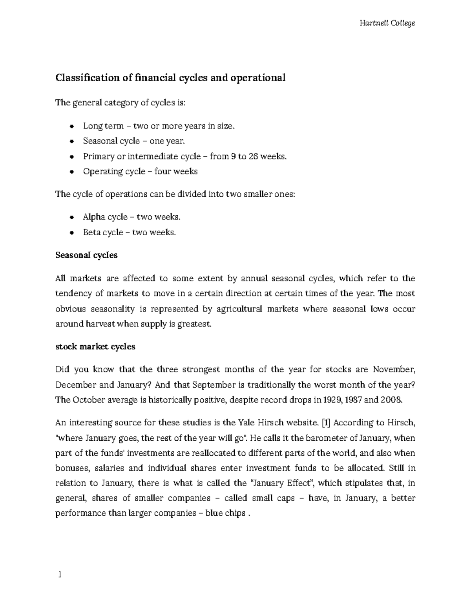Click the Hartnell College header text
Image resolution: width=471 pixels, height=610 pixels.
[387, 23]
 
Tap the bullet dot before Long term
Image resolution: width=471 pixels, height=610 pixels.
[71, 126]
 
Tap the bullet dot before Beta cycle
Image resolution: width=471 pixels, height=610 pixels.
[71, 233]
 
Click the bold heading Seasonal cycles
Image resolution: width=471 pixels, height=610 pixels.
[86, 255]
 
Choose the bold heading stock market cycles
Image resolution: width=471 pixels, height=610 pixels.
[95, 347]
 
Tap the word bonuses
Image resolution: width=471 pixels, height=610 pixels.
[69, 468]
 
